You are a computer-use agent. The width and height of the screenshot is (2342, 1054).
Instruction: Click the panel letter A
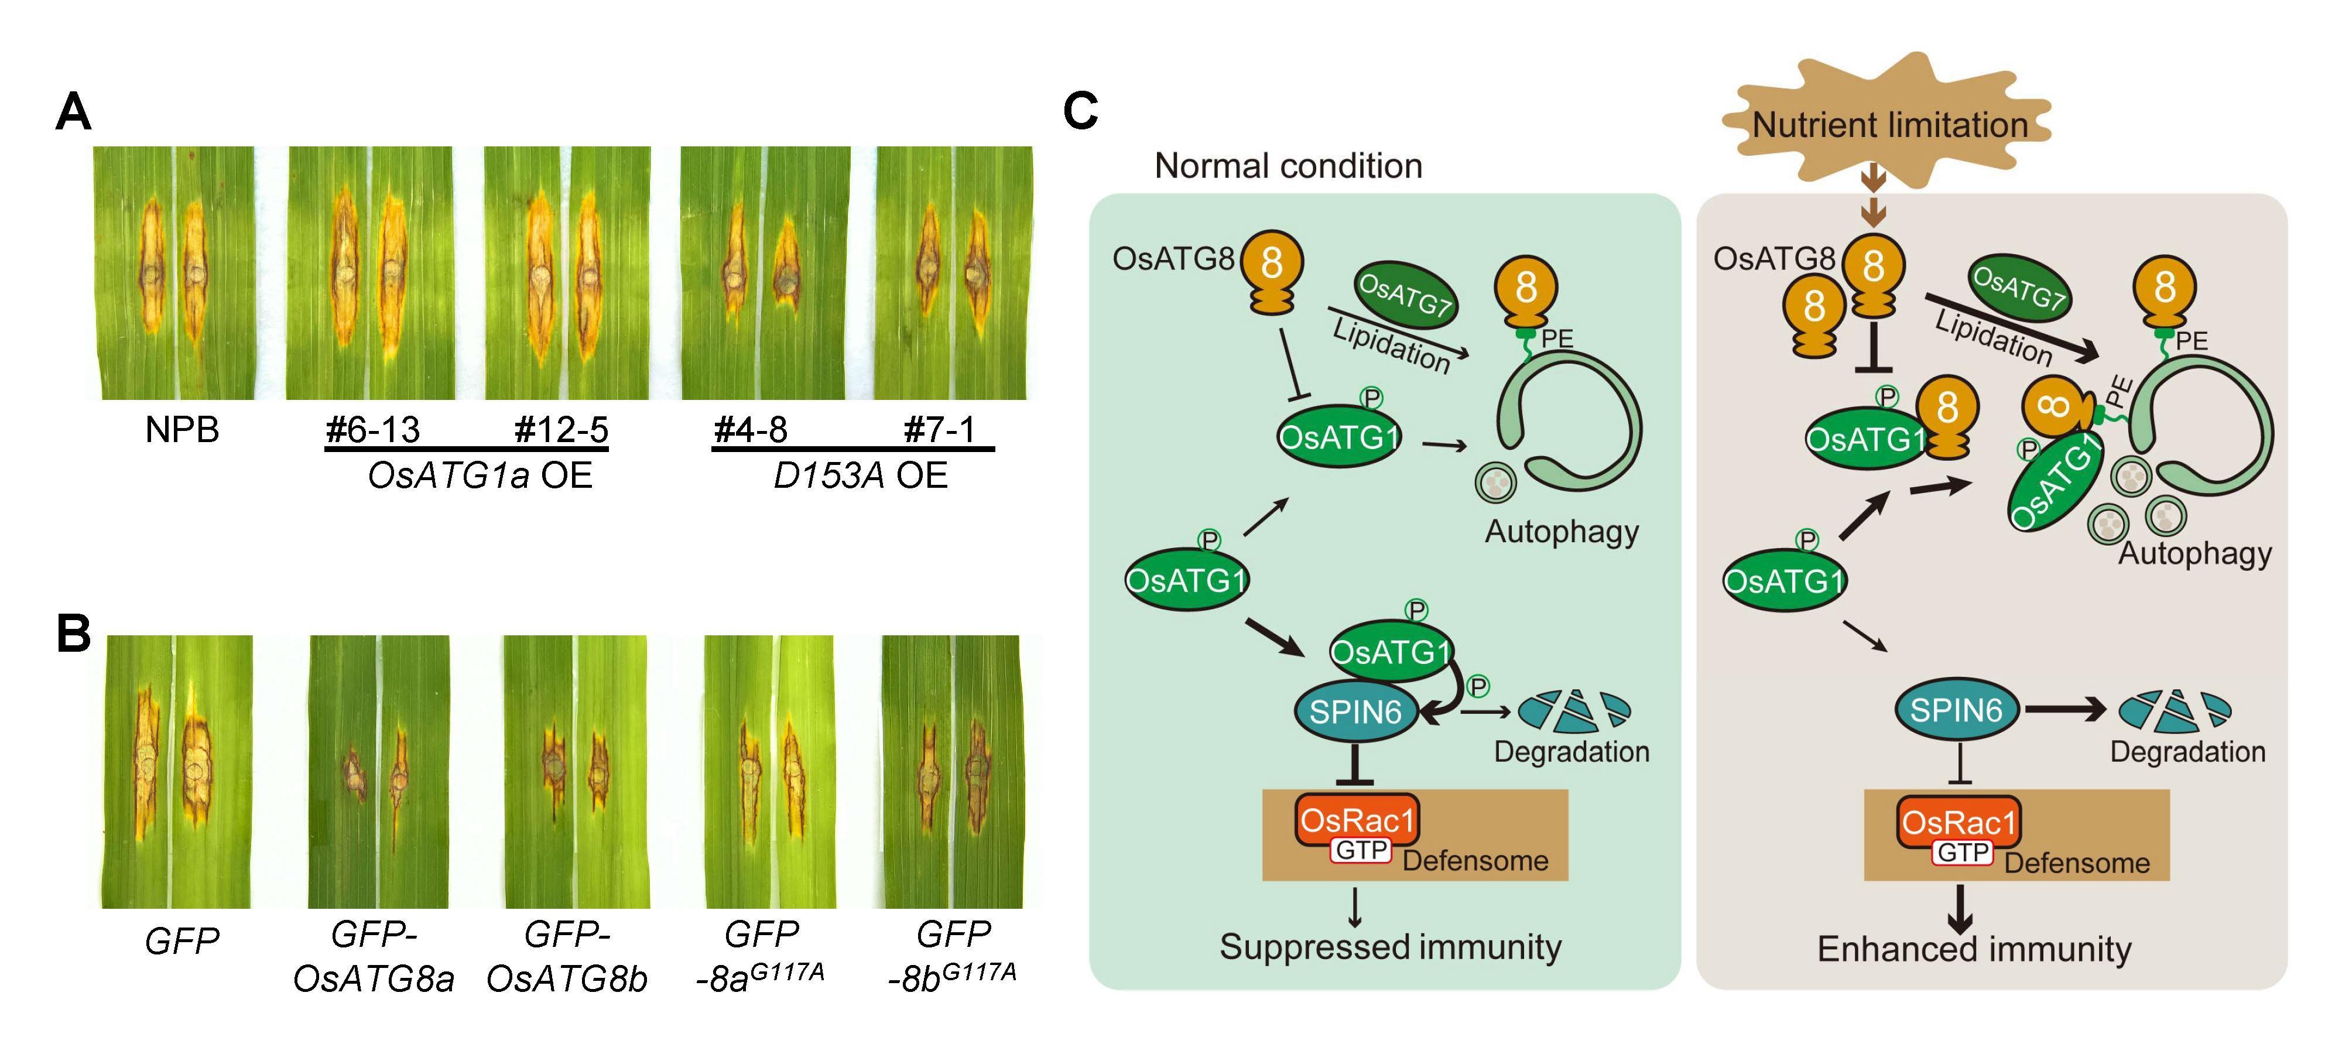(74, 113)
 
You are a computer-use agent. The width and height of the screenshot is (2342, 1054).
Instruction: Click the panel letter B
(74, 633)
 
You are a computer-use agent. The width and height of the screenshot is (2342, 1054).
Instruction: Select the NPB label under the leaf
(182, 429)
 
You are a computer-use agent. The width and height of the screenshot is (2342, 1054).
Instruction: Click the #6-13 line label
(373, 429)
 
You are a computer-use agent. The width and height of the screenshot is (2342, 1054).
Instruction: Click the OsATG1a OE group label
(480, 475)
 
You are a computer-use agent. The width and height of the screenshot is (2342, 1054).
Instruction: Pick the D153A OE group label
(860, 475)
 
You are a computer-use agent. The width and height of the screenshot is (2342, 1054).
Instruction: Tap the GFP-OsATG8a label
(374, 957)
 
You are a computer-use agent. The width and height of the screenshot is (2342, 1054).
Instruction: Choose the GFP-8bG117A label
(952, 957)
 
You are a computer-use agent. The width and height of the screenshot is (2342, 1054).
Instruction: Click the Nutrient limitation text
(1890, 125)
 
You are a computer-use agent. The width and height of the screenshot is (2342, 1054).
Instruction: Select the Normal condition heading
(1288, 166)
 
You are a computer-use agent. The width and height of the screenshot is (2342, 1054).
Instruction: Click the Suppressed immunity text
(1390, 947)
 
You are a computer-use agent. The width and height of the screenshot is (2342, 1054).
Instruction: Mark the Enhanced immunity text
(1974, 949)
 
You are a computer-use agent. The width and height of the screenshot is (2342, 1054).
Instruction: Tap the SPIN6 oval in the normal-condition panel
(1355, 711)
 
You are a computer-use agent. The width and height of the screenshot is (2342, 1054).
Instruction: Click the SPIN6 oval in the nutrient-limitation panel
(1957, 709)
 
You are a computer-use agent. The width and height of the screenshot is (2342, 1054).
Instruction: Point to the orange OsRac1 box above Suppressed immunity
(1357, 820)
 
